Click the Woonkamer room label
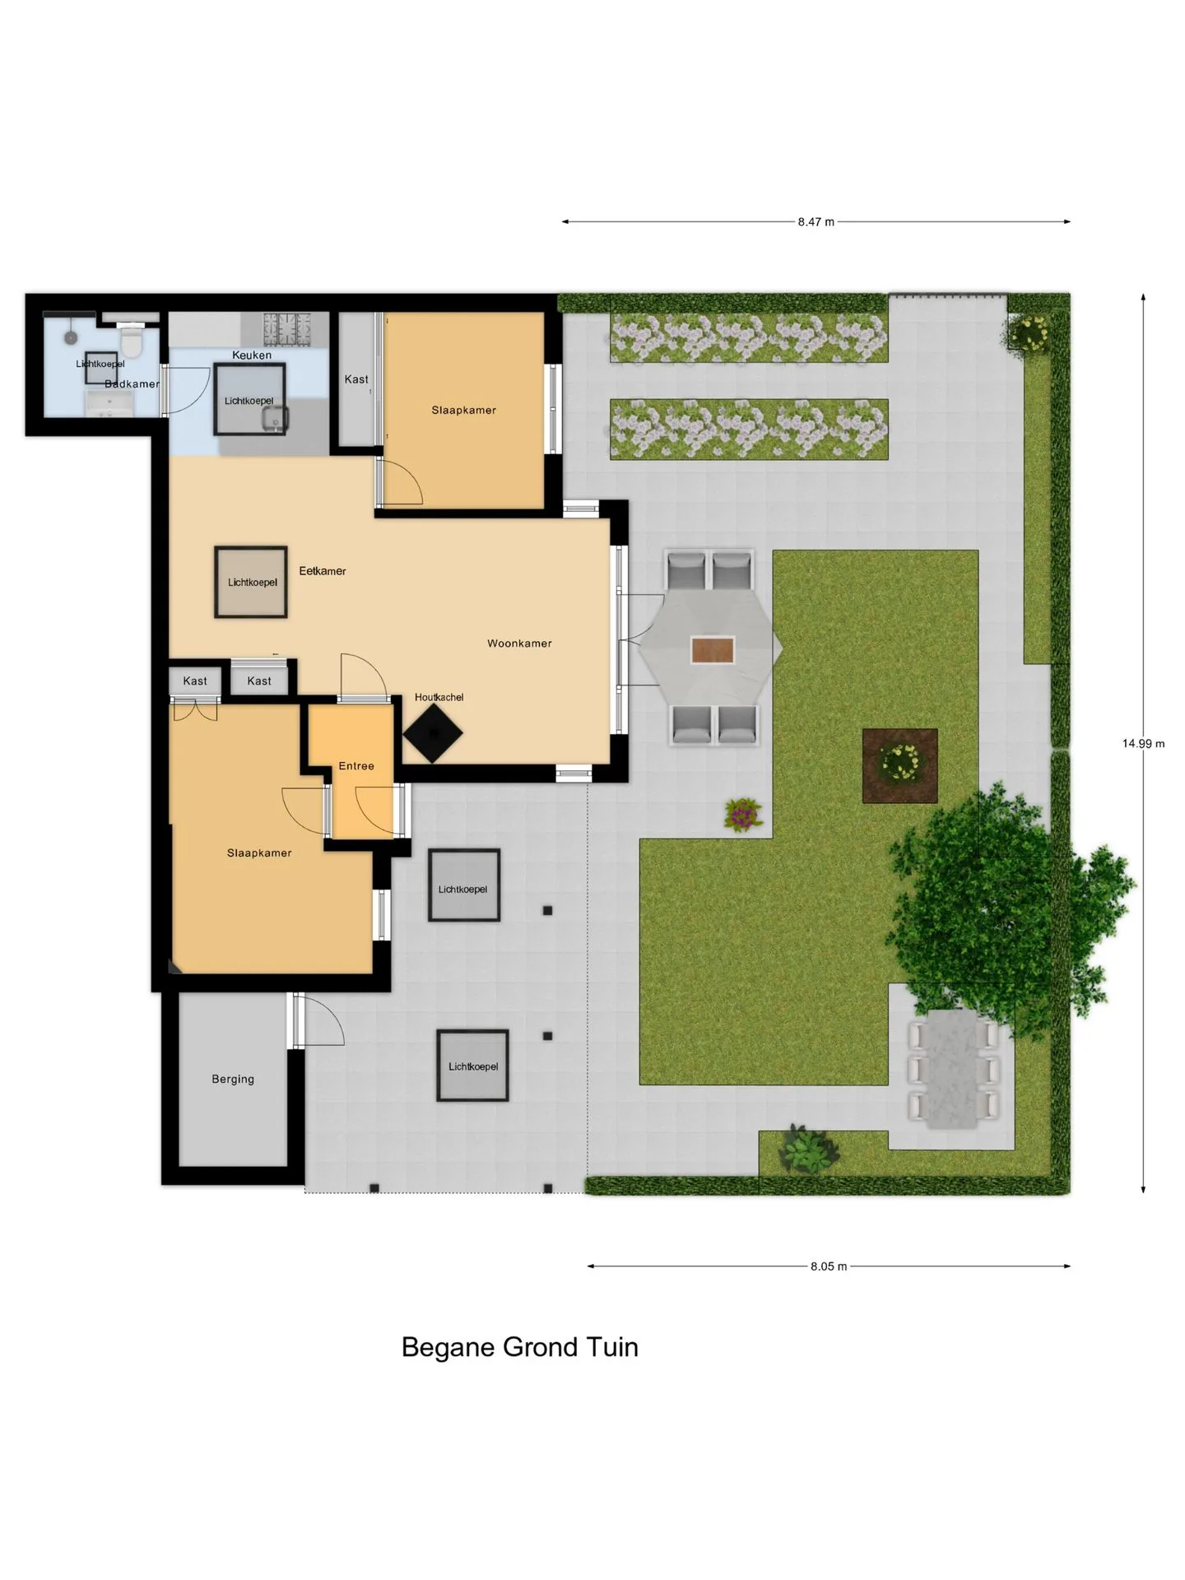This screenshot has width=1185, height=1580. pyautogui.click(x=519, y=644)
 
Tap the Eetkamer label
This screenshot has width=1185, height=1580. pyautogui.click(x=323, y=571)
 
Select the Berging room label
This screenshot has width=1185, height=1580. pyautogui.click(x=233, y=1079)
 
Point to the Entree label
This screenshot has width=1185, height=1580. pyautogui.click(x=356, y=766)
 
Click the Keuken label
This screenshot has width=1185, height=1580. pyautogui.click(x=252, y=355)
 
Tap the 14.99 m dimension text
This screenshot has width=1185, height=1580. pyautogui.click(x=1143, y=743)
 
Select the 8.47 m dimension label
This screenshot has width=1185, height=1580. pyautogui.click(x=816, y=221)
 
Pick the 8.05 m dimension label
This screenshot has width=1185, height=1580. pyautogui.click(x=828, y=1266)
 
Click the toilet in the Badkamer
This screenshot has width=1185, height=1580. pyautogui.click(x=132, y=340)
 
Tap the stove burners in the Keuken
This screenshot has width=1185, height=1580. pyautogui.click(x=286, y=329)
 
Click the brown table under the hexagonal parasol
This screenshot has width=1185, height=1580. pyautogui.click(x=713, y=649)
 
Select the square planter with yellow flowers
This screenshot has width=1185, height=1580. pyautogui.click(x=900, y=765)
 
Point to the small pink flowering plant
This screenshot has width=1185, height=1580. pyautogui.click(x=744, y=814)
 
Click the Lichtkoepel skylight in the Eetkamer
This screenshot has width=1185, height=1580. pyautogui.click(x=251, y=582)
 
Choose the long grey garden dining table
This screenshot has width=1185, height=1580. pyautogui.click(x=953, y=1070)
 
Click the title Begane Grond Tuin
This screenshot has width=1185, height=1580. pyautogui.click(x=520, y=1347)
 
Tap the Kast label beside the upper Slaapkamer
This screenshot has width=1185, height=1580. pyautogui.click(x=356, y=379)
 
